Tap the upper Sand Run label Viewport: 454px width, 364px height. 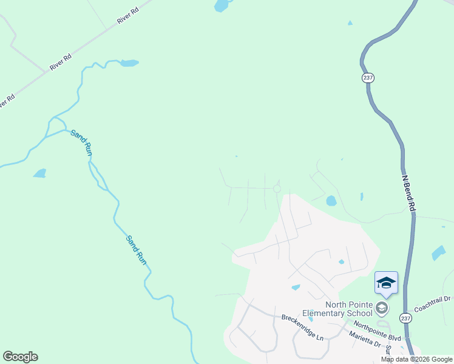[x=81, y=143]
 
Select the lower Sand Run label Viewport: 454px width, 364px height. [x=137, y=249]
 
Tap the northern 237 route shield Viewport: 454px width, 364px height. [x=368, y=78]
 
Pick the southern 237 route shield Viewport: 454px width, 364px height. [x=405, y=318]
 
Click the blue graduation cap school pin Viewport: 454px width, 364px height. [x=387, y=283]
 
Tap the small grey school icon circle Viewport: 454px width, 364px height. [x=381, y=308]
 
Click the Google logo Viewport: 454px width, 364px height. [x=20, y=357]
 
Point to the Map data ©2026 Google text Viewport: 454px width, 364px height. [x=416, y=359]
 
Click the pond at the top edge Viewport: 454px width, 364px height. [x=222, y=6]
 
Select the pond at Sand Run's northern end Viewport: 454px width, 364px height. [x=129, y=62]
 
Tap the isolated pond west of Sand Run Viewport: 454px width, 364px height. [x=40, y=174]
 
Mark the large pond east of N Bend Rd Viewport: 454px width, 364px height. [x=438, y=253]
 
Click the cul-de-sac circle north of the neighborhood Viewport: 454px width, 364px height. [x=277, y=189]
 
